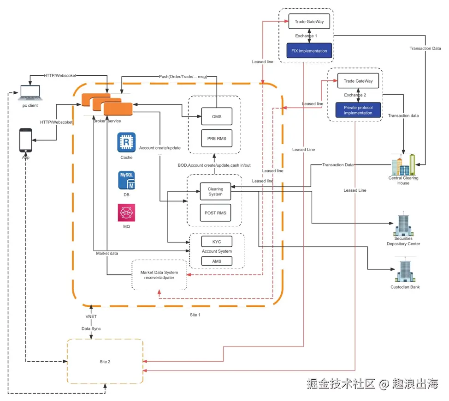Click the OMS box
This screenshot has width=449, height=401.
click(217, 116)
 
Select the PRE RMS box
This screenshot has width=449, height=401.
click(217, 138)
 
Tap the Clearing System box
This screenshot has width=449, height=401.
click(215, 192)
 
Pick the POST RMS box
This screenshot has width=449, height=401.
click(215, 213)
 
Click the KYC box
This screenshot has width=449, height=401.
click(217, 242)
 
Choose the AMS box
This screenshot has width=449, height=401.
click(217, 261)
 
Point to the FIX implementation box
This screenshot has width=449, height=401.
click(309, 51)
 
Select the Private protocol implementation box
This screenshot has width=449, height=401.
click(358, 110)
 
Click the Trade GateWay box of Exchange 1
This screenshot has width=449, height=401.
click(310, 21)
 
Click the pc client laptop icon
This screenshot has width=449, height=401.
click(29, 93)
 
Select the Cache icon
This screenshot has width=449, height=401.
click(126, 142)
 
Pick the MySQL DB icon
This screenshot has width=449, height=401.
click(126, 181)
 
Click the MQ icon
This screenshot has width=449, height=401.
click(126, 213)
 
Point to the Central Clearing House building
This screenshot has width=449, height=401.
click(403, 164)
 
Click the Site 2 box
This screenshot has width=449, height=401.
click(105, 361)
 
